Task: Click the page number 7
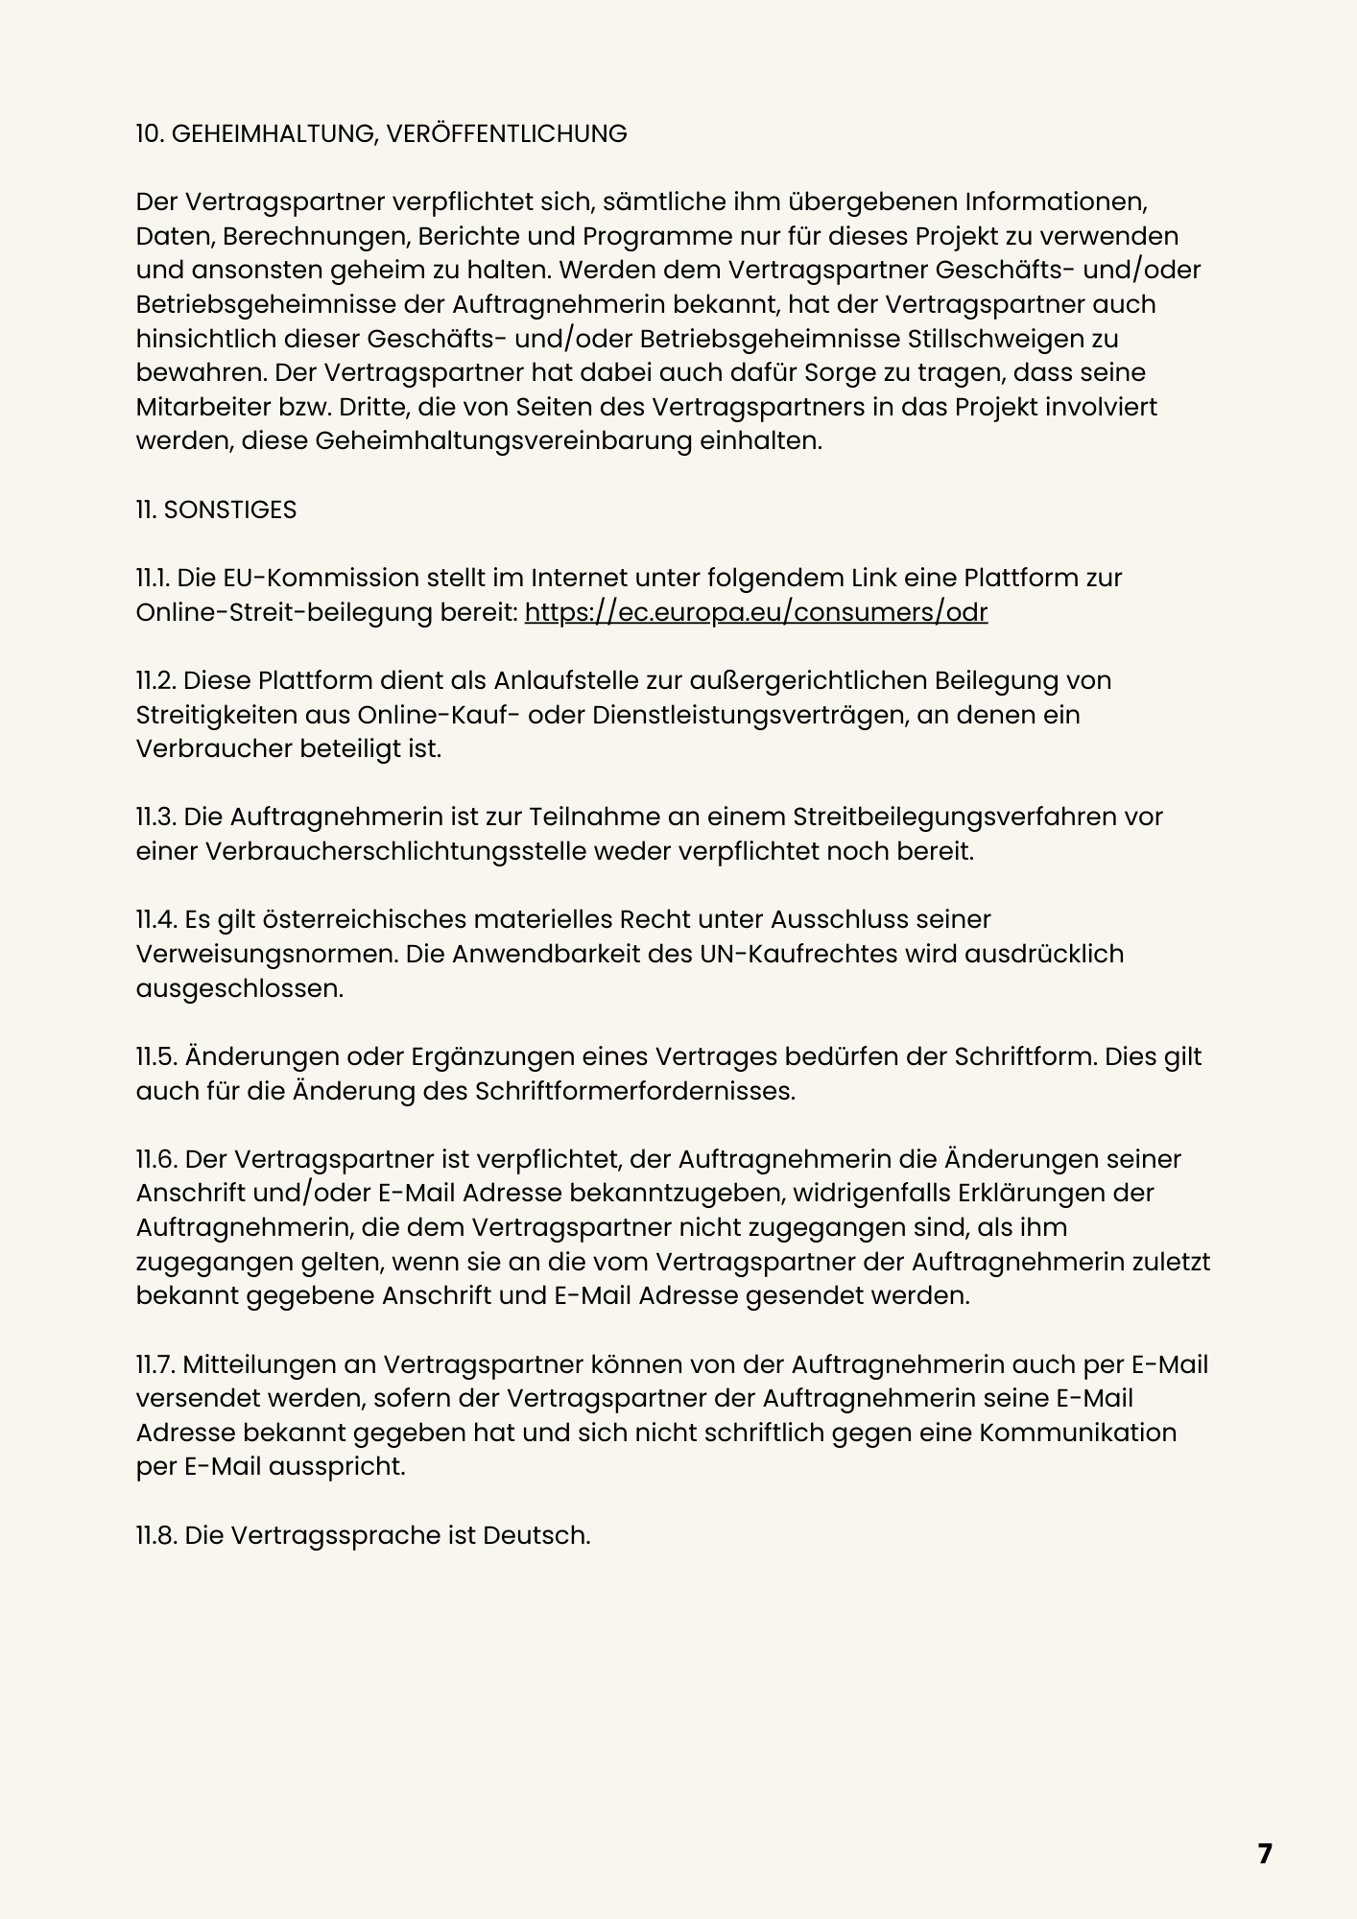[1264, 1854]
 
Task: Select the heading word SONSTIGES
[230, 510]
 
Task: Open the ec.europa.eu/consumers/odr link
[756, 612]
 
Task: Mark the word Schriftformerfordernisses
[634, 1091]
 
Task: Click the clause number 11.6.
[155, 1159]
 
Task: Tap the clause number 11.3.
[155, 817]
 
